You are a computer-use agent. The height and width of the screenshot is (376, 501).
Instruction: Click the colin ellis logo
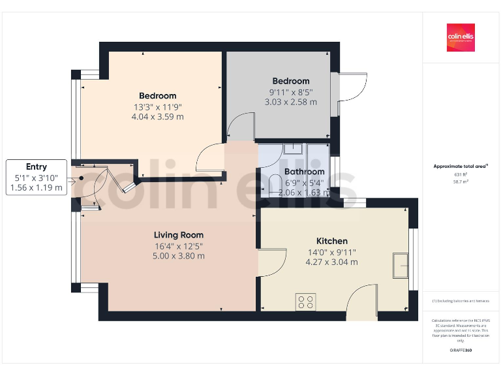(461, 38)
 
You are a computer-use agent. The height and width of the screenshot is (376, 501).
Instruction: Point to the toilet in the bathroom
(275, 185)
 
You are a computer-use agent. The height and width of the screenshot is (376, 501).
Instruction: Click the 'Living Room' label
(179, 235)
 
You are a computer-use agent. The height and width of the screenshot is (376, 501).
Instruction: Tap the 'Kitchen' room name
(331, 241)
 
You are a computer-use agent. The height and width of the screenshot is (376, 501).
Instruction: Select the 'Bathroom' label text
(304, 172)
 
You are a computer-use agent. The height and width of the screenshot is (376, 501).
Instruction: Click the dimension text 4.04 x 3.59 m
(157, 117)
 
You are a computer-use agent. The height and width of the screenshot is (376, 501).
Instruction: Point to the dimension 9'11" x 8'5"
(290, 92)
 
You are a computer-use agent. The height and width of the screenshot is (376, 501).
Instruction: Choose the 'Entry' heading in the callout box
(37, 166)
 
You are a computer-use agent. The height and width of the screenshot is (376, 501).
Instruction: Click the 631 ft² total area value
(461, 175)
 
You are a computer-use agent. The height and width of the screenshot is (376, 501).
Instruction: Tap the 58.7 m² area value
(461, 183)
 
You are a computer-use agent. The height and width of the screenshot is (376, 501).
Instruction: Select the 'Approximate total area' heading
(461, 166)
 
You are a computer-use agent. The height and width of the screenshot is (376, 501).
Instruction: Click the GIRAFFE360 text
(461, 351)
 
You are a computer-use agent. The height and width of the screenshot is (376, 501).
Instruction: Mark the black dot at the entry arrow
(82, 177)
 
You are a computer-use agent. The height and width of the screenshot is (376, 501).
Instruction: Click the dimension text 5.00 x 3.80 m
(179, 256)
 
